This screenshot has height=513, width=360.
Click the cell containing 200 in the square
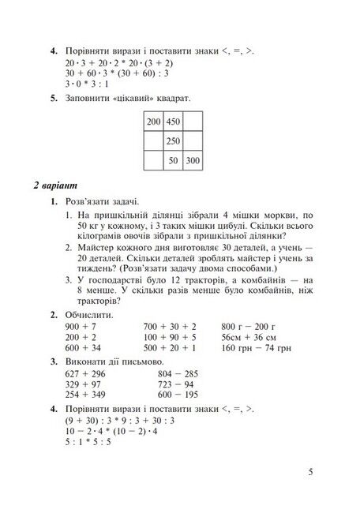click(153, 122)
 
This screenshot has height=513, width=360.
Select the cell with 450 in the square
click(174, 122)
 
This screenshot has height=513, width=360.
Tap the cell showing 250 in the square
click(174, 141)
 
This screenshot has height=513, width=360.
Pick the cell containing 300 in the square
click(193, 161)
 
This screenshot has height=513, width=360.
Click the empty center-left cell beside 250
click(153, 141)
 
